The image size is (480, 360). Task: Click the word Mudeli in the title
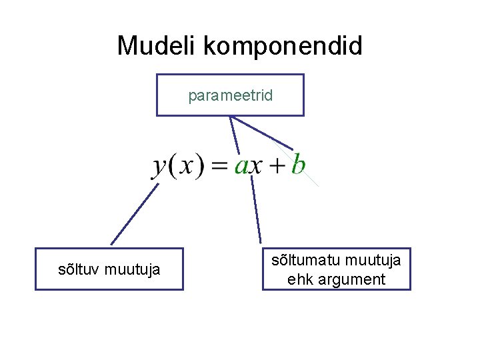pos(157,46)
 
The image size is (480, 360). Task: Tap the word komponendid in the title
pos(283,47)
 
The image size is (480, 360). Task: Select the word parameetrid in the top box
pos(230,96)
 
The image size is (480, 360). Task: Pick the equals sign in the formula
pos(220,166)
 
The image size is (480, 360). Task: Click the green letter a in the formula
pos(241,166)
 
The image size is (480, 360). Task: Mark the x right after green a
pos(257,166)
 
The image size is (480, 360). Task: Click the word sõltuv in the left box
pos(79,270)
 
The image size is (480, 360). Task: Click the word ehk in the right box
pos(299,279)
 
